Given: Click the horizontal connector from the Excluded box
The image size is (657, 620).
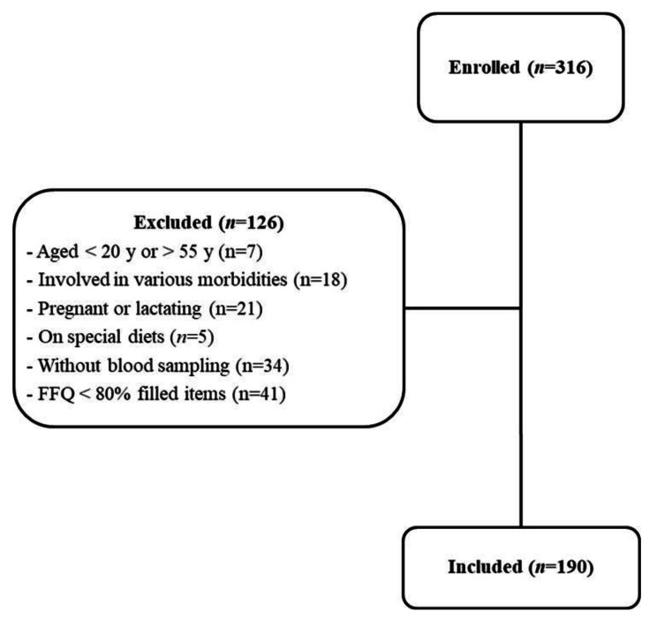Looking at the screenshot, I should pos(461,308).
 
